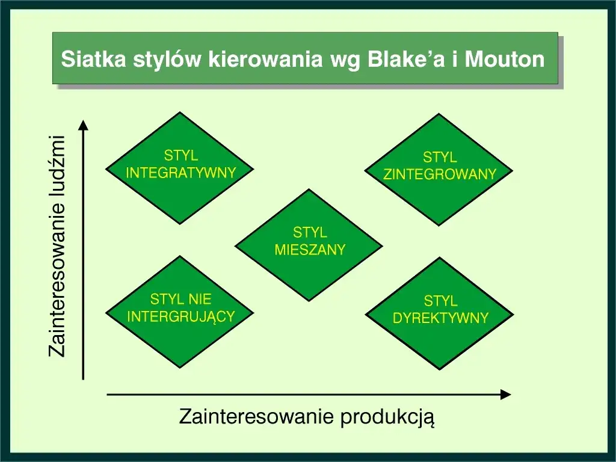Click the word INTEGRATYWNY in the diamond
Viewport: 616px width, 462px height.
180,173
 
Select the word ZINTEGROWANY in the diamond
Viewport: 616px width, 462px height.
440,174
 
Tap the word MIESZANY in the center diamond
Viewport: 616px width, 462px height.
310,249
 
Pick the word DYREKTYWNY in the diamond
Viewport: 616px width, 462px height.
440,318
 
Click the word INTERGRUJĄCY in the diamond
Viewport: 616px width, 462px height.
180,316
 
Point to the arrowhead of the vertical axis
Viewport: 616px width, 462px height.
84,125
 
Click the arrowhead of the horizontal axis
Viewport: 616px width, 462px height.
506,395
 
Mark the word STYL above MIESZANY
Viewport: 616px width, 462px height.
310,232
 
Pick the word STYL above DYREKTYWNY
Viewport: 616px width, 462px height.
440,301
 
